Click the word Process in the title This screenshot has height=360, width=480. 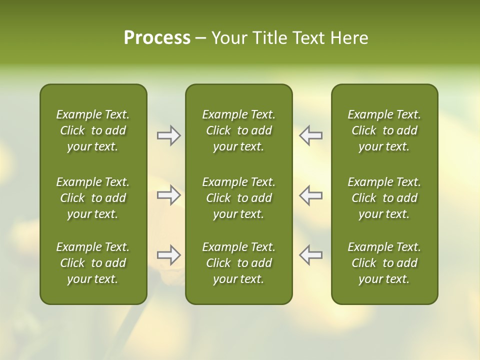(x=157, y=38)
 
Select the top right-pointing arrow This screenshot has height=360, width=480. (x=169, y=135)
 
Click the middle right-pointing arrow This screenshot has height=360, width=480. (x=169, y=195)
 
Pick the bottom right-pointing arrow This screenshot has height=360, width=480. (x=169, y=255)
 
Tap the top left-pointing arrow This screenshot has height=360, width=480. (x=310, y=135)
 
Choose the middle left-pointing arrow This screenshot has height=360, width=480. (x=310, y=195)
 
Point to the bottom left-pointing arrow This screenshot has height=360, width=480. (x=310, y=255)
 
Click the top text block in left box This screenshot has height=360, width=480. (x=93, y=130)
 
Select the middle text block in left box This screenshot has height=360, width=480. (x=93, y=198)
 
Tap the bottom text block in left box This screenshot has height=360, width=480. (x=93, y=263)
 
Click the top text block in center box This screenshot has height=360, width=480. (x=238, y=130)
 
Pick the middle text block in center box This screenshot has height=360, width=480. (x=238, y=198)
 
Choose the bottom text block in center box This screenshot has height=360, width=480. (x=238, y=263)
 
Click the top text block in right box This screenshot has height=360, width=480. (x=384, y=130)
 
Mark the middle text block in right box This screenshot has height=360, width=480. (x=384, y=198)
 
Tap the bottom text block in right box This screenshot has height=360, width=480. (x=384, y=263)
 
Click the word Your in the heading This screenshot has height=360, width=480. (x=227, y=38)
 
